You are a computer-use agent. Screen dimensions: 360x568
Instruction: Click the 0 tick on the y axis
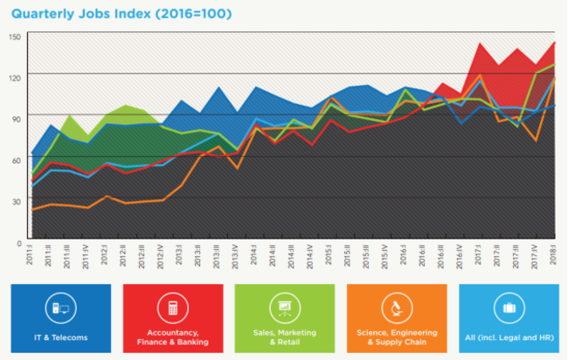[x=17, y=241]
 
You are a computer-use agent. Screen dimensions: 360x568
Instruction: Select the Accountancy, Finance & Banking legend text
[x=172, y=338]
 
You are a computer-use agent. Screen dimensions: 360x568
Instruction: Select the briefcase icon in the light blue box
[x=507, y=307]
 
